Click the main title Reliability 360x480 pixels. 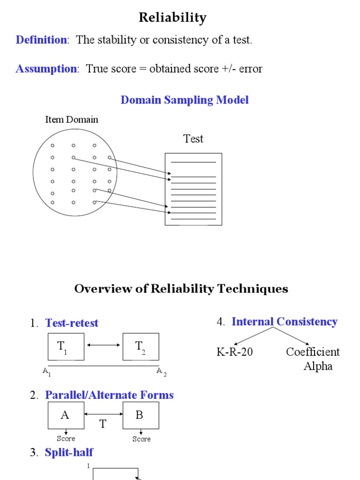click(172, 18)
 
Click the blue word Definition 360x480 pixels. click(41, 40)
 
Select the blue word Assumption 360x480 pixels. click(46, 69)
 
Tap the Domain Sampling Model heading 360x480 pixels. click(185, 100)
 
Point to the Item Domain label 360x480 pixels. click(72, 120)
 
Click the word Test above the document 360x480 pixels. click(193, 139)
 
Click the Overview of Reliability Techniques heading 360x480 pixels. click(181, 289)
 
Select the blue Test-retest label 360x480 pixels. click(72, 323)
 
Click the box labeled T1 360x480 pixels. click(66, 347)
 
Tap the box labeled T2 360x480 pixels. click(141, 347)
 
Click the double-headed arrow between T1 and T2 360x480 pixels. click(104, 345)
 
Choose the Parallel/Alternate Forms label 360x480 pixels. click(109, 395)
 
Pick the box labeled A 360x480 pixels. click(66, 415)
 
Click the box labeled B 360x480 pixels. click(141, 415)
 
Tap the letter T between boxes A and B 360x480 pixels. click(103, 424)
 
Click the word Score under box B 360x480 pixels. click(141, 439)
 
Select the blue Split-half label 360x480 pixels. click(69, 452)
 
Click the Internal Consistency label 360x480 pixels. click(284, 322)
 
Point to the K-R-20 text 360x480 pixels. click(235, 352)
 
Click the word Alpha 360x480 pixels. click(318, 366)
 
